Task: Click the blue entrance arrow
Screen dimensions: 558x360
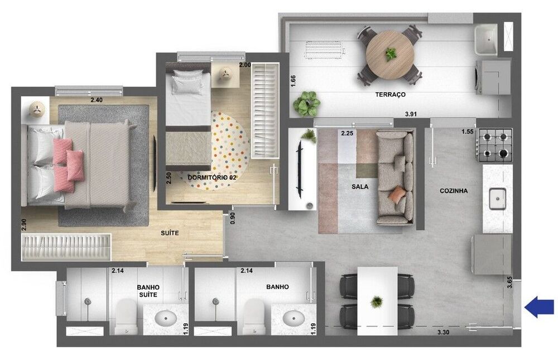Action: pyautogui.click(x=540, y=308)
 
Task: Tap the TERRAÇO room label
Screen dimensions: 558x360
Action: pyautogui.click(x=391, y=95)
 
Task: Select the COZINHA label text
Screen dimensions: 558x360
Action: pyautogui.click(x=454, y=191)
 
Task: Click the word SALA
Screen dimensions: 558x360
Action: pyautogui.click(x=360, y=186)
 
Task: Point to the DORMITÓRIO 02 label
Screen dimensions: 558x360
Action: pyautogui.click(x=211, y=177)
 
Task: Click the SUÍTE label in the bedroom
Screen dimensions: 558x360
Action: pyautogui.click(x=170, y=233)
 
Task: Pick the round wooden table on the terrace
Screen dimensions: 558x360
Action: pyautogui.click(x=390, y=55)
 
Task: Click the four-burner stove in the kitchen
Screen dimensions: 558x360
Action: pyautogui.click(x=495, y=145)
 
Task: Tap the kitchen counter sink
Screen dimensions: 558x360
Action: pyautogui.click(x=497, y=198)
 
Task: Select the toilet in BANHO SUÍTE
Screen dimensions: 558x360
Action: pyautogui.click(x=126, y=316)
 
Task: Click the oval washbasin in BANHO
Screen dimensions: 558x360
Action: pyautogui.click(x=294, y=318)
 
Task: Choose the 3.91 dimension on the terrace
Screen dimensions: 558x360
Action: pyautogui.click(x=411, y=114)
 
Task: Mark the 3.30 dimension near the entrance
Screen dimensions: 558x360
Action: pyautogui.click(x=443, y=332)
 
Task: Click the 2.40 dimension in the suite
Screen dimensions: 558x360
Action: pyautogui.click(x=97, y=100)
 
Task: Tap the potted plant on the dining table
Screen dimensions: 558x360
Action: pyautogui.click(x=377, y=302)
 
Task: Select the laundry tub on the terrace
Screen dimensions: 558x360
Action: pyautogui.click(x=486, y=39)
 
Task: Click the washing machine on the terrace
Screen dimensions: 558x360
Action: pyautogui.click(x=493, y=77)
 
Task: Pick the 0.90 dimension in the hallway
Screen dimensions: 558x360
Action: pyautogui.click(x=233, y=218)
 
